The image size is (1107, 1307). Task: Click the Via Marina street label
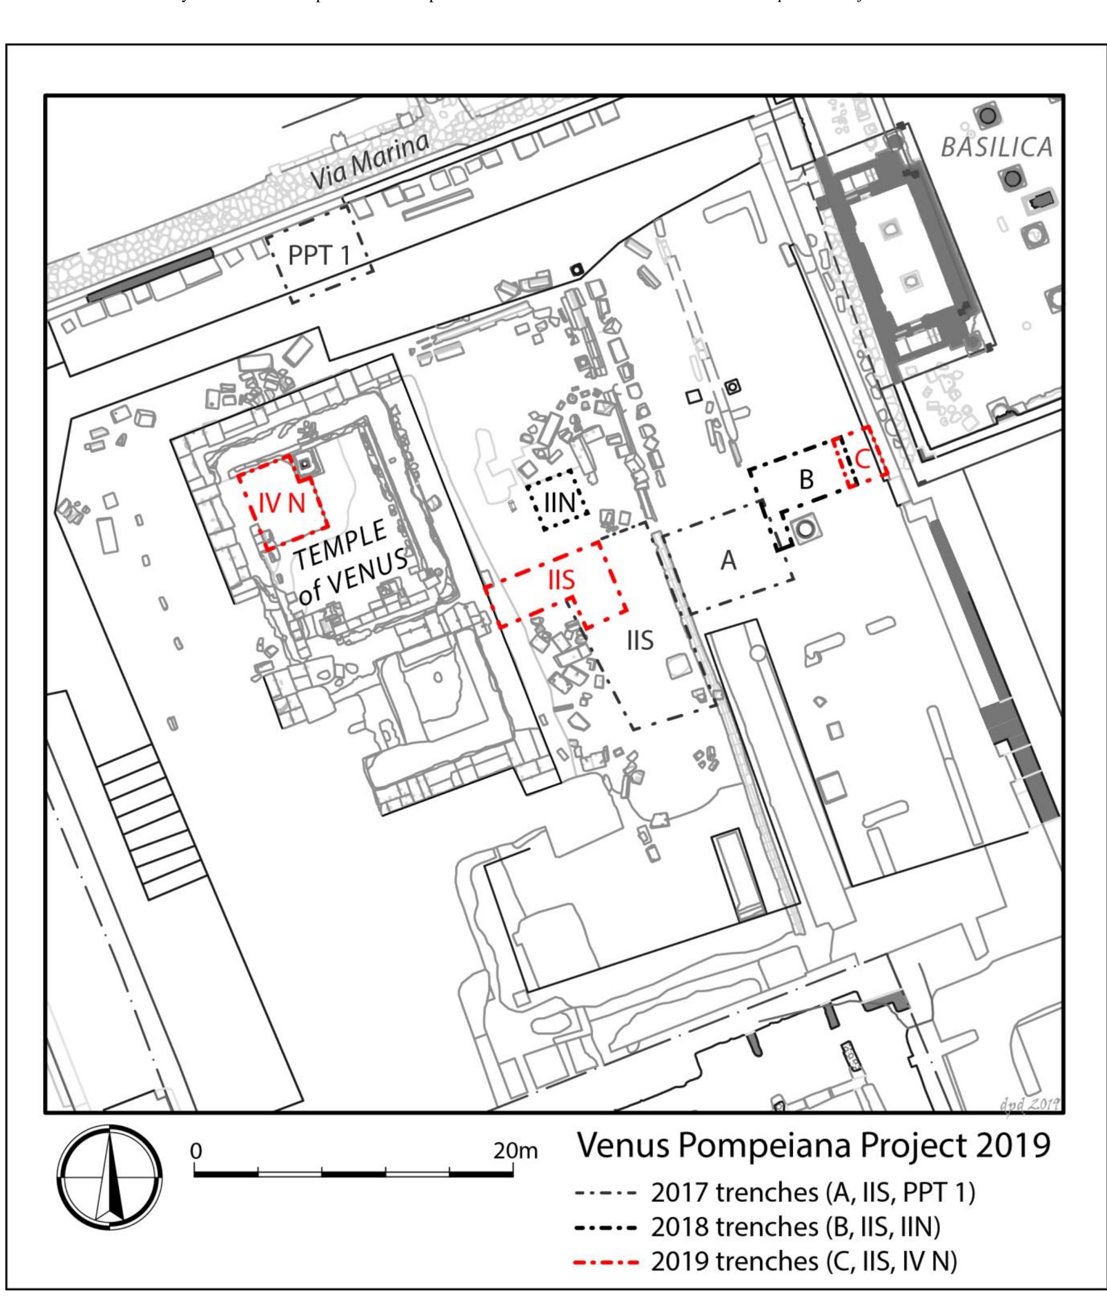370,162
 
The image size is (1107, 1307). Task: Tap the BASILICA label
996,148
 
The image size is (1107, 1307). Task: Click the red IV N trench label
282,503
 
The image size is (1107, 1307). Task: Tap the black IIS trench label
640,641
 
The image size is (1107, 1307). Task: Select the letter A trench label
728,560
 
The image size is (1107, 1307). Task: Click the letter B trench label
806,479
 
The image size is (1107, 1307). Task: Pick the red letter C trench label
862,461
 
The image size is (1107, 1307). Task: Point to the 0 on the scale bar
196,1151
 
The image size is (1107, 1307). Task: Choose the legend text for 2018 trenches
795,1228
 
